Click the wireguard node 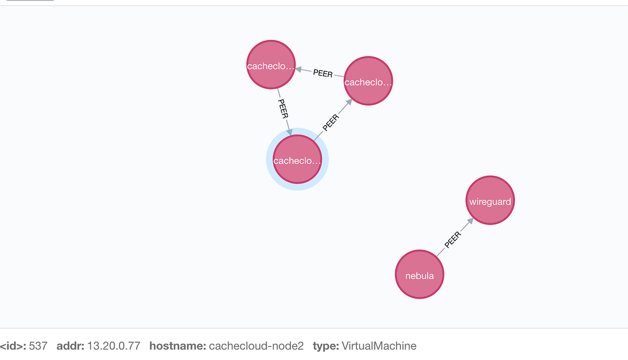(x=490, y=201)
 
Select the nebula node (x=419, y=275)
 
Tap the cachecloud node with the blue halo (x=297, y=160)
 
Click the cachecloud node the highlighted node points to (x=368, y=81)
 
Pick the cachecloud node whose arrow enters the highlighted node (x=271, y=65)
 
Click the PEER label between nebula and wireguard (x=453, y=239)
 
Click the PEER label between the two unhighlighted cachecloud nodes (x=322, y=73)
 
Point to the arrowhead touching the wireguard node (x=470, y=221)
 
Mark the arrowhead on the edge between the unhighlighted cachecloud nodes (x=299, y=69)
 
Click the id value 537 (x=38, y=346)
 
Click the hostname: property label (x=177, y=346)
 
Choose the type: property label (x=326, y=346)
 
